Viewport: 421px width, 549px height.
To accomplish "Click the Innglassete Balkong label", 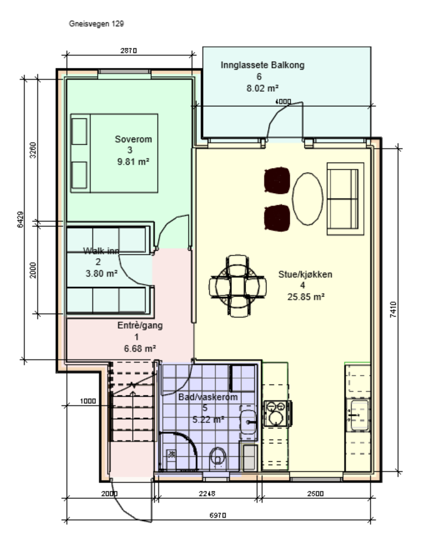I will [262, 65].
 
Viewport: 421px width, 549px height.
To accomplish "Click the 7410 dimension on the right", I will [394, 310].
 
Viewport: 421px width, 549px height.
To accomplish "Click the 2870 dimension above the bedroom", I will [129, 51].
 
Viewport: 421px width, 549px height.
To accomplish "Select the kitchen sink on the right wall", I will [357, 414].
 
